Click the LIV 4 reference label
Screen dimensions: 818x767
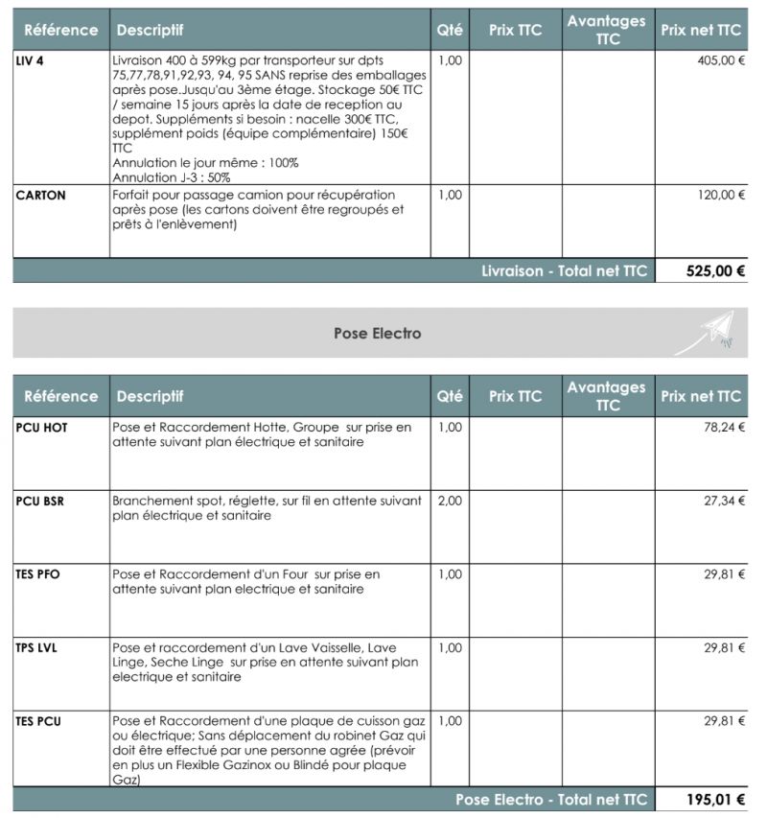30,59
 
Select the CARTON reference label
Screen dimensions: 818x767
41,195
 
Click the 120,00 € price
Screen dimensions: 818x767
722,195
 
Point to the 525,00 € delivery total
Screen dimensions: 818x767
715,271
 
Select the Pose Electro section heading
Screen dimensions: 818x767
377,334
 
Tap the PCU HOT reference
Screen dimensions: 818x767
42,428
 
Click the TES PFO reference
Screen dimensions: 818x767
39,574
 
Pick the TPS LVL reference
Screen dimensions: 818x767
36,647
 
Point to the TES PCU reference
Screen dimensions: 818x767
38,720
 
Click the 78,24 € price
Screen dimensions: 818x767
724,428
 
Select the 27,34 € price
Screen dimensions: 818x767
724,501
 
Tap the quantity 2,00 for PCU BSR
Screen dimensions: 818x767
449,501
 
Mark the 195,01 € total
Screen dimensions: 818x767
715,800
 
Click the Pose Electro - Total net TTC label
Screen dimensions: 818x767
551,800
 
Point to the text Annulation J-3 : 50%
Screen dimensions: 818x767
172,177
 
